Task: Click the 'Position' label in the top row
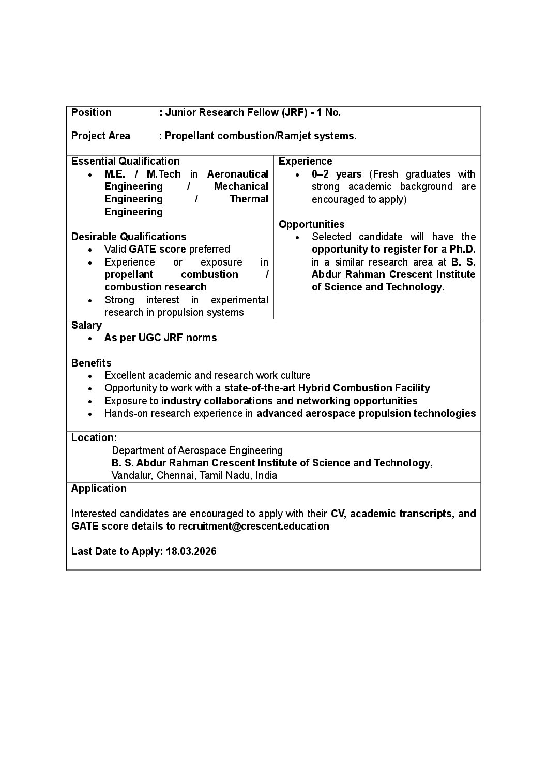pos(92,112)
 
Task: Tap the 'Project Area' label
pos(101,136)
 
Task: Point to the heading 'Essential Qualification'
pos(126,161)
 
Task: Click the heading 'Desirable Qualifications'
pos(129,237)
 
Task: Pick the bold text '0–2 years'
pos(337,174)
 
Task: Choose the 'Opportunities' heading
pos(312,224)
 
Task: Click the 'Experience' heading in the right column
pos(306,161)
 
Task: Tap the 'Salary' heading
pos(86,325)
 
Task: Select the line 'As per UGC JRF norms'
pos(161,338)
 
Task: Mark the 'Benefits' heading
pos(92,363)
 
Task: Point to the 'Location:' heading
pos(94,437)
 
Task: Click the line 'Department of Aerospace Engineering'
pos(197,450)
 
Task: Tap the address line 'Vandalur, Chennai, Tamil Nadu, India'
pos(194,475)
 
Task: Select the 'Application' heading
pos(99,488)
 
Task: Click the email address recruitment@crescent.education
pos(254,526)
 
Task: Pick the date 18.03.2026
pos(191,551)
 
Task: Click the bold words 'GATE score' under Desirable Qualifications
pos(157,249)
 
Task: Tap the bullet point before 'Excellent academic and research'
pos(90,376)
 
